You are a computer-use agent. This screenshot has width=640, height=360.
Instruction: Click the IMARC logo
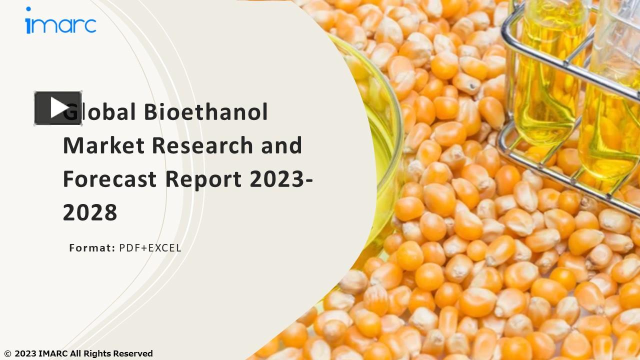60,21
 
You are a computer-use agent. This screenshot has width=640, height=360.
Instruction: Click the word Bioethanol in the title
206,112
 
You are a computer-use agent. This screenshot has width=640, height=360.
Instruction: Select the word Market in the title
103,145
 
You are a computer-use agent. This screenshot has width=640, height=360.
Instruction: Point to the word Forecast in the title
109,179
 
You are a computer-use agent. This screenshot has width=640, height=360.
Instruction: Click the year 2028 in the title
90,212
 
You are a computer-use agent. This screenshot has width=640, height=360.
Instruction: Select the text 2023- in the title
281,179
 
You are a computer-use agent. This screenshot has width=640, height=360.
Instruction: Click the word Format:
92,248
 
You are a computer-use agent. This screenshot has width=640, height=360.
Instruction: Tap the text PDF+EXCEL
150,248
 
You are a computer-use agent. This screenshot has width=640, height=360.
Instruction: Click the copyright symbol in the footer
7,354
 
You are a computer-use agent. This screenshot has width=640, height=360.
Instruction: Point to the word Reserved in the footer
133,354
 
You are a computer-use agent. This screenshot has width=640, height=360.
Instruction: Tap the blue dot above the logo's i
28,9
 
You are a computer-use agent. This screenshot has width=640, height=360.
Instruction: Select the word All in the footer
75,354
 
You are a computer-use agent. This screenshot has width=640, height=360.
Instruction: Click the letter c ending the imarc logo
90,25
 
